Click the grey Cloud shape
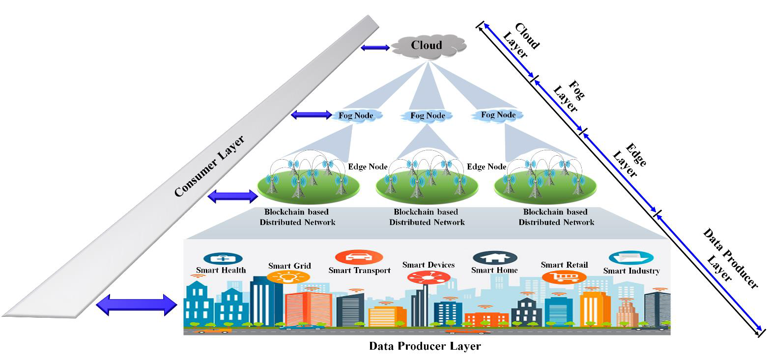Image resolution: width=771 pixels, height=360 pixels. (x=426, y=45)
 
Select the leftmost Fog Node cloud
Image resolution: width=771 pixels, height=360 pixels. (x=356, y=116)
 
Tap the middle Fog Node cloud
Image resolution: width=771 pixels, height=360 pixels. (x=428, y=116)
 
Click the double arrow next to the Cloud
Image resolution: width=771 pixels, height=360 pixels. (x=375, y=48)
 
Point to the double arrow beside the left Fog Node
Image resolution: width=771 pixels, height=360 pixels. (x=312, y=115)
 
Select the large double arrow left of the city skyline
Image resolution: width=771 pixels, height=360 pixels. (x=136, y=305)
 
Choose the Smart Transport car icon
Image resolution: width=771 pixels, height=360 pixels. (x=359, y=257)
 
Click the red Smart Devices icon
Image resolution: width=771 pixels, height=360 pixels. (x=428, y=278)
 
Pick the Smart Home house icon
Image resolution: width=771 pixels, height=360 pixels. (x=494, y=258)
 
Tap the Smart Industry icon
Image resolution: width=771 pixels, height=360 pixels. (x=631, y=258)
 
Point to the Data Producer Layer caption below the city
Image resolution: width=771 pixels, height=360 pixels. (x=425, y=346)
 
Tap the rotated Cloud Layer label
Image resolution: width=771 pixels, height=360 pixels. (x=521, y=40)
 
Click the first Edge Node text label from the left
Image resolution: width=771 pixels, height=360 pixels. (x=368, y=166)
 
